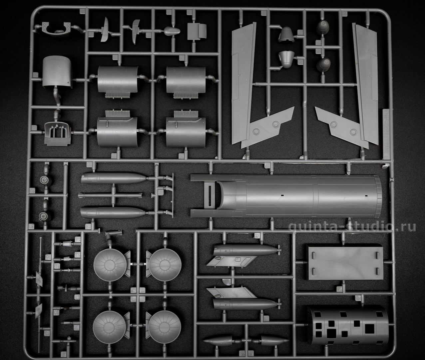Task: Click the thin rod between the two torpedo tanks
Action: [x=110, y=195]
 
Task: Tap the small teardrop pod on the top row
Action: [x=172, y=31]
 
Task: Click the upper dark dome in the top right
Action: [x=323, y=27]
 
